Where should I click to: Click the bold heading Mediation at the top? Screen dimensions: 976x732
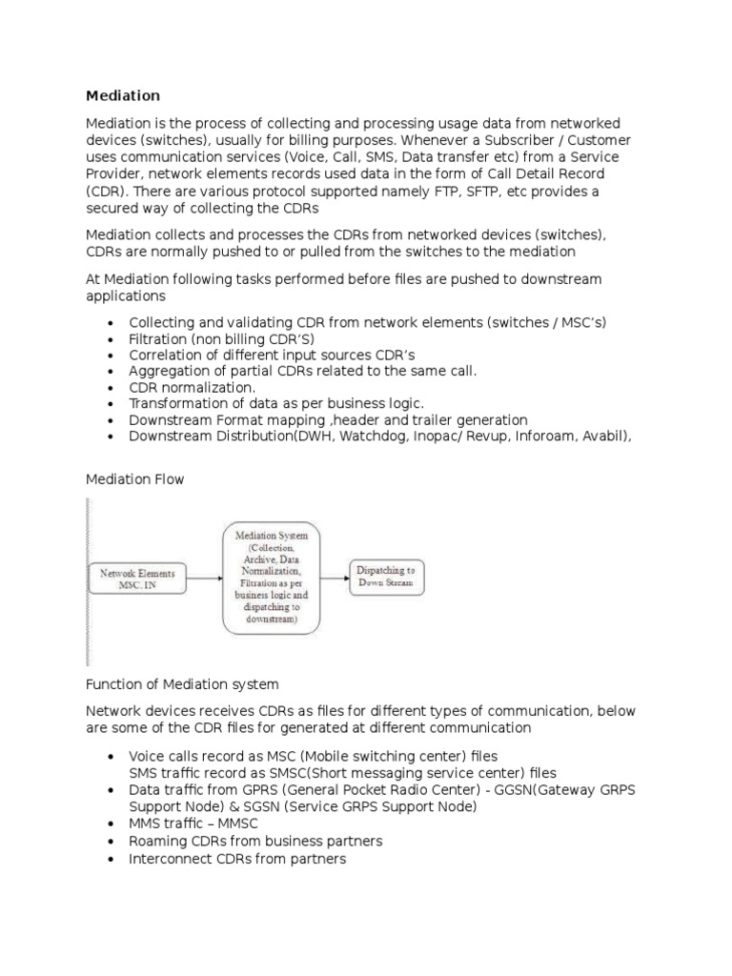click(x=123, y=95)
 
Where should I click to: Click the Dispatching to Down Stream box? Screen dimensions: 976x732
click(x=386, y=577)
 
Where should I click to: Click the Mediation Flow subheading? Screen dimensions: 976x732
click(x=134, y=479)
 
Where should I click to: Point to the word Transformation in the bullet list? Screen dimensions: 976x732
click(x=178, y=404)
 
